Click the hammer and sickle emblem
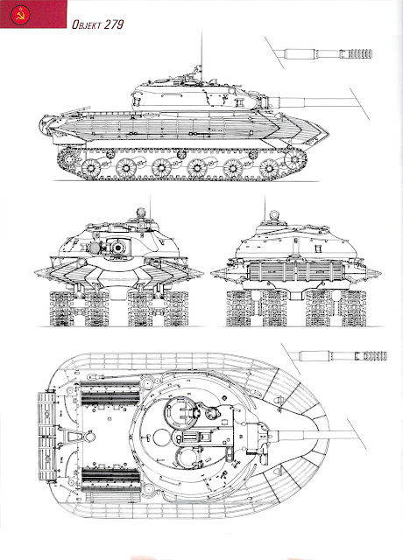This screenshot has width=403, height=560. pyautogui.click(x=20, y=15)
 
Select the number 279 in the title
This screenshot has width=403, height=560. pyautogui.click(x=115, y=24)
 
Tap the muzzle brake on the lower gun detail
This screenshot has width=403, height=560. pyautogui.click(x=375, y=356)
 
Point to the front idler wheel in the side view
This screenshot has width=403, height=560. pyautogui.click(x=294, y=159)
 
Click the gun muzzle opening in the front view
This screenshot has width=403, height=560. pyautogui.click(x=117, y=247)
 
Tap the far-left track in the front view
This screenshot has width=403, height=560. pyautogui.click(x=62, y=309)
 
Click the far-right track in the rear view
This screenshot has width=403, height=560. pyautogui.click(x=353, y=308)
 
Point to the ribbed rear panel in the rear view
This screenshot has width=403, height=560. pyautogui.click(x=294, y=271)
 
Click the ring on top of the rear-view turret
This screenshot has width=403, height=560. pyautogui.click(x=274, y=214)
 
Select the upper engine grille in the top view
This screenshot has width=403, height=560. pyautogui.click(x=110, y=394)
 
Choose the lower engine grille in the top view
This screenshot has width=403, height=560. pyautogui.click(x=110, y=479)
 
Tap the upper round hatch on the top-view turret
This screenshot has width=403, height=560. pyautogui.click(x=181, y=412)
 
